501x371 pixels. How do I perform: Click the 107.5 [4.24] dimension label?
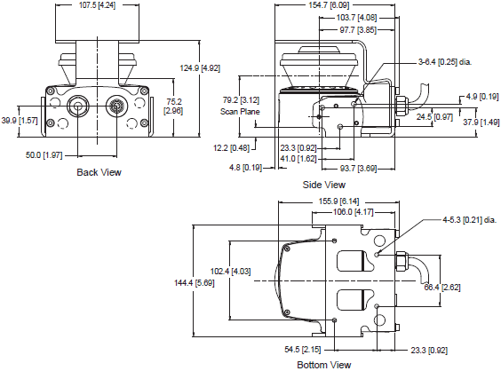(99, 6)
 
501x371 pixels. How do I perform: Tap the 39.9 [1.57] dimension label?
(20, 121)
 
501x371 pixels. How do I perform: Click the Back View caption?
(99, 172)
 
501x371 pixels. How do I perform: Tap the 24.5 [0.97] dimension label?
(433, 115)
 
